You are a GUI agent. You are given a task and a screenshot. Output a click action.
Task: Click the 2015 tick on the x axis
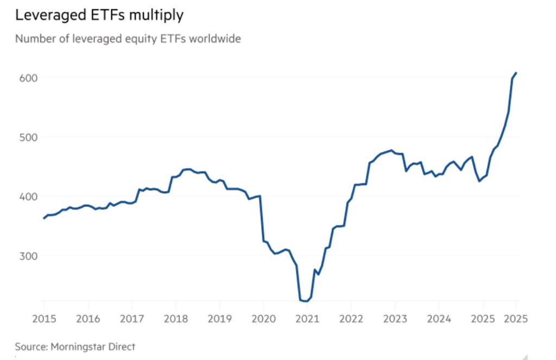point(44,318)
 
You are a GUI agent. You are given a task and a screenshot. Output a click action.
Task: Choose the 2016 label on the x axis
point(87,318)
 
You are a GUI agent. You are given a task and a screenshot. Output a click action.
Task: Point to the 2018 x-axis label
point(175,318)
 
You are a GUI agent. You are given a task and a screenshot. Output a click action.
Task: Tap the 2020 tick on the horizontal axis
point(263,318)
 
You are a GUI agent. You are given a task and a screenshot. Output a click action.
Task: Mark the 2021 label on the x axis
point(307,318)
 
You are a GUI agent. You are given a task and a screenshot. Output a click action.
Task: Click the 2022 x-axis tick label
point(351,318)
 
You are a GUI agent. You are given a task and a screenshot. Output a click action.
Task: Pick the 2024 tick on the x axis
point(438,318)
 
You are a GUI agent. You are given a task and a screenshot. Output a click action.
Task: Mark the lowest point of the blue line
point(305,301)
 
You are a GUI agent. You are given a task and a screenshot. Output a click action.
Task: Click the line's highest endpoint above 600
point(516,73)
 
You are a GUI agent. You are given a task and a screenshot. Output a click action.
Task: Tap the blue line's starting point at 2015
point(44,218)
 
